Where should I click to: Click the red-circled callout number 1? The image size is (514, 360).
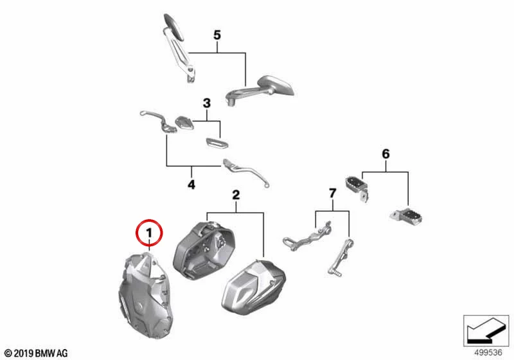149,233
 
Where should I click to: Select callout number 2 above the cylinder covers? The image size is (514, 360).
236,195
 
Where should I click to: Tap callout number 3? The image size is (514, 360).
206,104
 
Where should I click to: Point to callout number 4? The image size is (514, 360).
191,184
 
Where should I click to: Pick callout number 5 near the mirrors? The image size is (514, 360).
217,35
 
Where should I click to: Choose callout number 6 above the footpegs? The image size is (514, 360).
386,154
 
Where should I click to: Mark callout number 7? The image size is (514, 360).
332,193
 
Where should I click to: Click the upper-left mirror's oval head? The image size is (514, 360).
175,26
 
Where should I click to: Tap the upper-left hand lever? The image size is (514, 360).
158,122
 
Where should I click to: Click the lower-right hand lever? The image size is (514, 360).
245,172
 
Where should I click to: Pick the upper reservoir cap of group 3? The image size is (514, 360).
184,123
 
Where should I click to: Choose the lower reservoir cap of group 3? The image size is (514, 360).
217,143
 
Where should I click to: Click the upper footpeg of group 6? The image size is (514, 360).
357,188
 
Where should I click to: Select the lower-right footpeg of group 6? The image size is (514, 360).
407,217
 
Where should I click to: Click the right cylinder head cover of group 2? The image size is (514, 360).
253,287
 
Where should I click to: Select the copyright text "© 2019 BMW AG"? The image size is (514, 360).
36,354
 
